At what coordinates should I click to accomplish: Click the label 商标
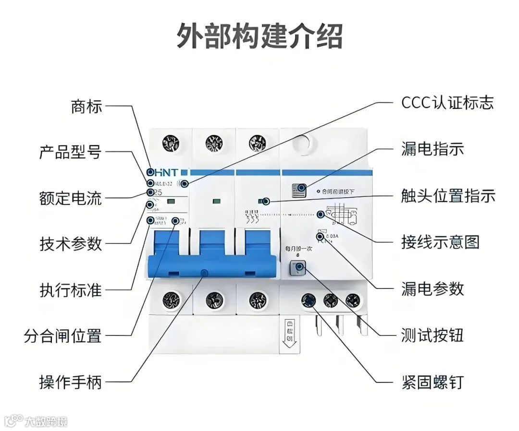click(x=86, y=107)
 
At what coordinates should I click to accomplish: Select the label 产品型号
click(x=70, y=152)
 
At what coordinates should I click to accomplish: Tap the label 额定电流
click(x=70, y=198)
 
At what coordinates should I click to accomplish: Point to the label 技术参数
click(x=70, y=244)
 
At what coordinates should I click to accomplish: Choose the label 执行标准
click(x=70, y=290)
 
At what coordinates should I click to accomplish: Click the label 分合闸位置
click(x=62, y=336)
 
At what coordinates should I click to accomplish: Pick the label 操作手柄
click(x=70, y=382)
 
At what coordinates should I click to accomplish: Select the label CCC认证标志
click(x=447, y=102)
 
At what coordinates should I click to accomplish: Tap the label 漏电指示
click(x=432, y=148)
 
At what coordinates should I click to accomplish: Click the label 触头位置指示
click(x=448, y=195)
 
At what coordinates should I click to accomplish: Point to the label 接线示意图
click(x=440, y=241)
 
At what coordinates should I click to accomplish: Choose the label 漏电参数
click(x=432, y=288)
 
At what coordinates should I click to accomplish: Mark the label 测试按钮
click(x=432, y=335)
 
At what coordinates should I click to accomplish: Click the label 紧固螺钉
click(x=432, y=382)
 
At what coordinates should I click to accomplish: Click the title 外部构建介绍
click(x=259, y=36)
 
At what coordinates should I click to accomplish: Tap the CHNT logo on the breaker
click(x=163, y=172)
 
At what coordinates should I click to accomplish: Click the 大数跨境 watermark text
click(x=46, y=421)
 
